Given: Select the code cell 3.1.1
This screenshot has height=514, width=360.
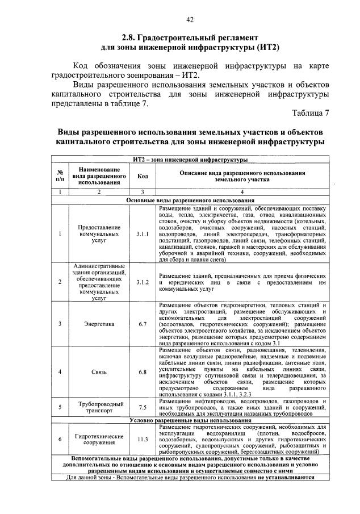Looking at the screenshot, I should (142, 233).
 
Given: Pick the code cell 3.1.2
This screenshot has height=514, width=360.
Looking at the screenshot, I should (142, 282).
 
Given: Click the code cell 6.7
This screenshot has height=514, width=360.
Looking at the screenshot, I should (142, 324).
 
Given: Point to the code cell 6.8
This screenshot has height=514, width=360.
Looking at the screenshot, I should (142, 372).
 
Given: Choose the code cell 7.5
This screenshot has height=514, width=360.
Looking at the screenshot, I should (142, 407).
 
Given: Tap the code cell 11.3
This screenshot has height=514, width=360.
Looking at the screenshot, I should (142, 439).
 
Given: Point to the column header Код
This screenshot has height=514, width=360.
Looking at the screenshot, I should (142, 176).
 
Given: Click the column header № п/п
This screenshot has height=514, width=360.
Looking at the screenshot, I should (60, 176).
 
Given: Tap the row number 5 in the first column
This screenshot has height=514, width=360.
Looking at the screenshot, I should (60, 407).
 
